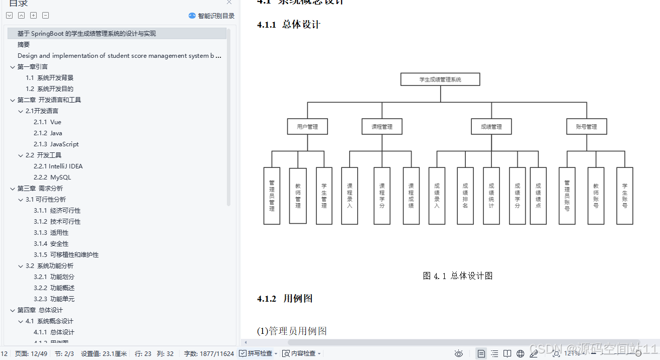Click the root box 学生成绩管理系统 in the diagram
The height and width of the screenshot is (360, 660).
pyautogui.click(x=440, y=79)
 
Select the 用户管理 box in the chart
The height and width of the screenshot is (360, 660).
pyautogui.click(x=307, y=127)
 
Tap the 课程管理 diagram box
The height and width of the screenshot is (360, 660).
pyautogui.click(x=382, y=127)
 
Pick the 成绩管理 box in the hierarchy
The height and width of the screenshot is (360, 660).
pyautogui.click(x=491, y=127)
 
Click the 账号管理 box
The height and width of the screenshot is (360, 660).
pyautogui.click(x=587, y=127)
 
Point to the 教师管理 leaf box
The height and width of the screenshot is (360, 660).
pyautogui.click(x=298, y=196)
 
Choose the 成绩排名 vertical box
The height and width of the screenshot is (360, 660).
pyautogui.click(x=465, y=196)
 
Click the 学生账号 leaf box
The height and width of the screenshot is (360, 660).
pyautogui.click(x=625, y=196)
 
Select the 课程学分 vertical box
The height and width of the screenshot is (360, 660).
pyautogui.click(x=382, y=196)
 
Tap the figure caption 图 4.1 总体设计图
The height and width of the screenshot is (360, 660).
pyautogui.click(x=457, y=276)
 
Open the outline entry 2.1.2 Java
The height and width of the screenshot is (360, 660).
pyautogui.click(x=48, y=133)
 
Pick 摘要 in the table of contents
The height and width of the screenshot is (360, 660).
pyautogui.click(x=24, y=45)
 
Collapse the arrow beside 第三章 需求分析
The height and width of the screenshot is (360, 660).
pyautogui.click(x=13, y=189)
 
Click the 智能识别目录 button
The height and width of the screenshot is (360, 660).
pyautogui.click(x=211, y=16)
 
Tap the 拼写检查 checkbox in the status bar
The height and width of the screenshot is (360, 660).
pyautogui.click(x=243, y=353)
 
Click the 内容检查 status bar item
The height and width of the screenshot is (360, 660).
pyautogui.click(x=300, y=353)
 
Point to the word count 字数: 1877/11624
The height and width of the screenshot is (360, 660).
pyautogui.click(x=209, y=353)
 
